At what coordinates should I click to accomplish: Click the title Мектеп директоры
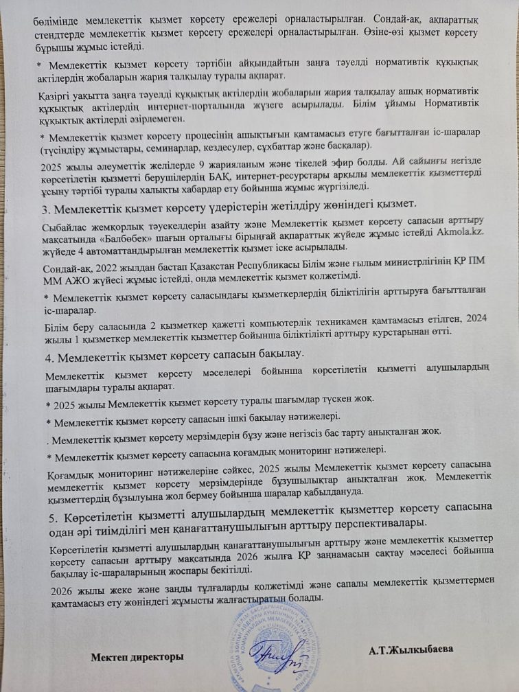click(x=137, y=656)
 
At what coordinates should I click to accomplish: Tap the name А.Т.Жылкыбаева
click(x=411, y=649)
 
